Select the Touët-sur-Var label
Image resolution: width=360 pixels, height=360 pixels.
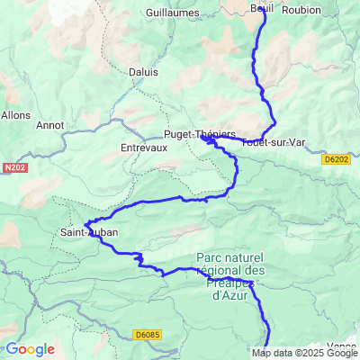click(x=274, y=142)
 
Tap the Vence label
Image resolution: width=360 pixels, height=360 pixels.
click(x=343, y=346)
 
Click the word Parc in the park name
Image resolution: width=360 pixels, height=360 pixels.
click(x=210, y=256)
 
